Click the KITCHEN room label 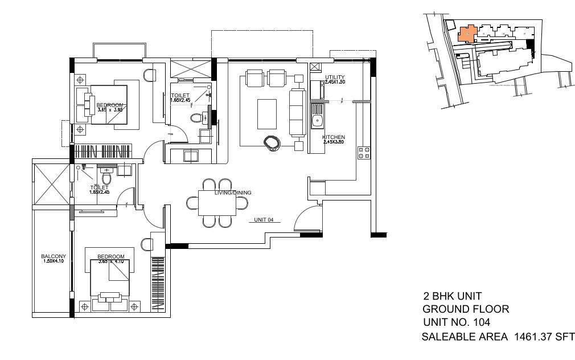tap(333, 138)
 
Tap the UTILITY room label tap(335, 77)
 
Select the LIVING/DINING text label tap(233, 193)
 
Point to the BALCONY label tap(54, 256)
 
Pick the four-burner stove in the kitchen tap(363, 153)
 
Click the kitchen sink tap(317, 121)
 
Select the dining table tap(217, 203)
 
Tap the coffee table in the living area tap(266, 114)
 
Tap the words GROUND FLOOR tap(465, 309)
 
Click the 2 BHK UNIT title tap(452, 296)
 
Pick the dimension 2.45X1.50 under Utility tap(335, 82)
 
